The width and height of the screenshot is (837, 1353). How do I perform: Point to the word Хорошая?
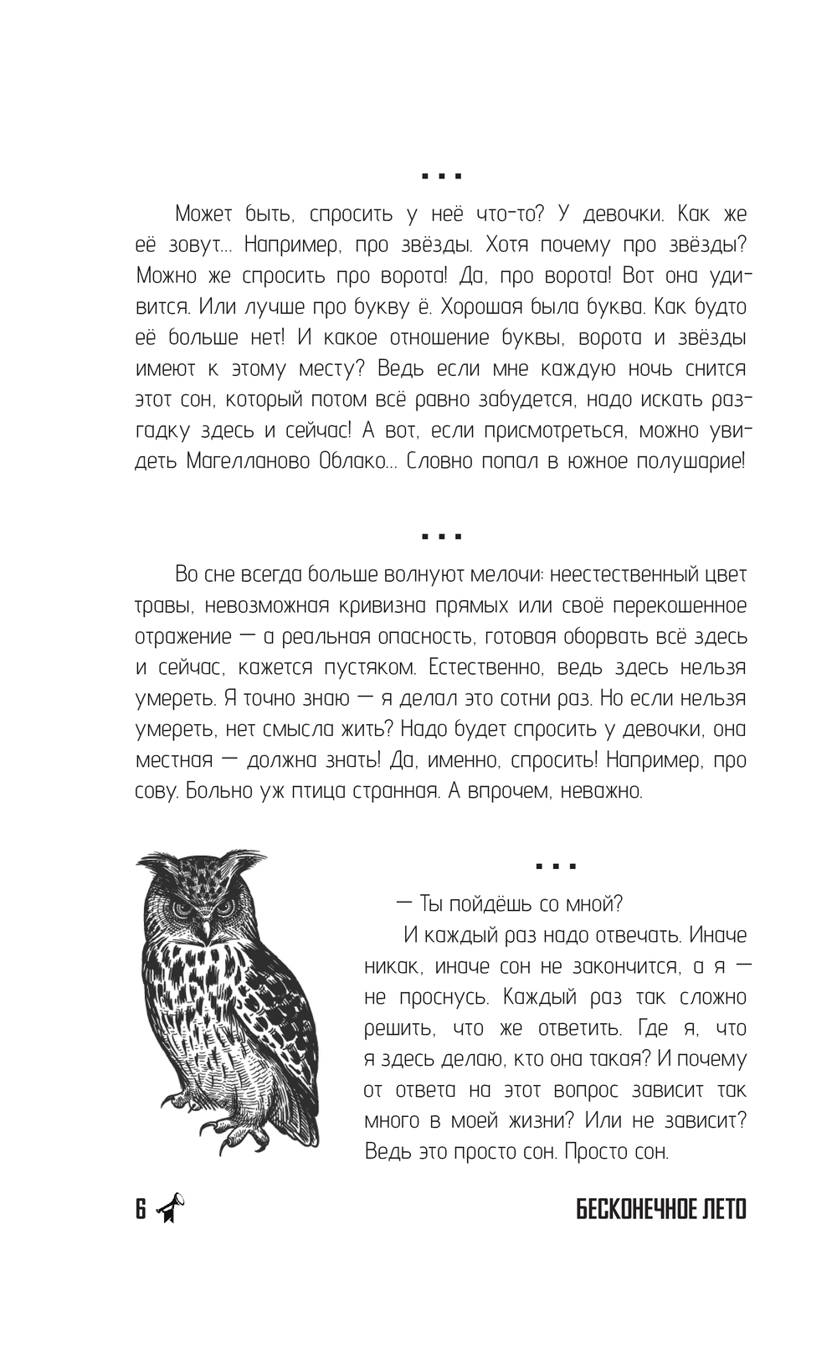pyautogui.click(x=492, y=306)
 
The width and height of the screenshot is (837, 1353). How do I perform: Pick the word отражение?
pyautogui.click(x=183, y=636)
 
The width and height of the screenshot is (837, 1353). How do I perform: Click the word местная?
pyautogui.click(x=174, y=760)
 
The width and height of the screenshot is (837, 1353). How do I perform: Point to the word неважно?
pyautogui.click(x=600, y=791)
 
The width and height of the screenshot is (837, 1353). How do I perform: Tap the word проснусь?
pyautogui.click(x=444, y=997)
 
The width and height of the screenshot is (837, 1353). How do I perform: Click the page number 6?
pyautogui.click(x=141, y=1209)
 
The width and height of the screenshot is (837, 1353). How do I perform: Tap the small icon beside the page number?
pyautogui.click(x=170, y=1208)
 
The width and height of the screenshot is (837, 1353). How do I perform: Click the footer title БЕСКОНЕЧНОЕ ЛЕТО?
pyautogui.click(x=661, y=1209)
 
